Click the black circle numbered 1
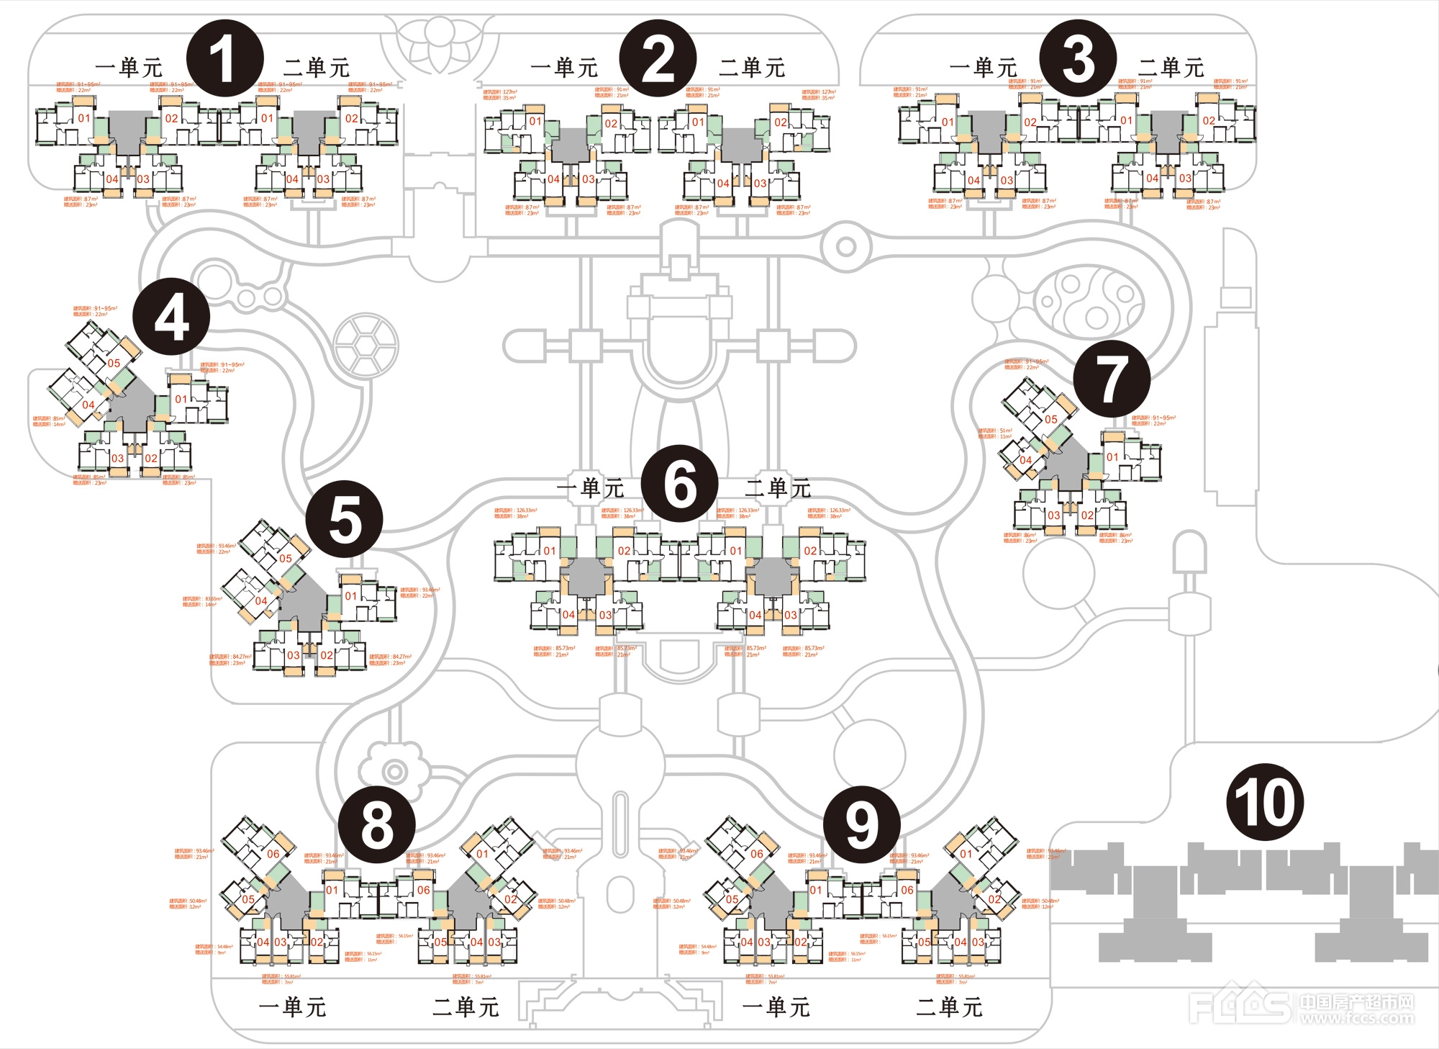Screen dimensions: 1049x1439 pyautogui.click(x=224, y=58)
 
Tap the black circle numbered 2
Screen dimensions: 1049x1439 pyautogui.click(x=658, y=58)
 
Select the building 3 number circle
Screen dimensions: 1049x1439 pyautogui.click(x=1078, y=58)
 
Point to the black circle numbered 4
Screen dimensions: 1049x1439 pyautogui.click(x=171, y=317)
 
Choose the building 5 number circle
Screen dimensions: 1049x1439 pyautogui.click(x=344, y=519)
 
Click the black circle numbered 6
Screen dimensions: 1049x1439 pyautogui.click(x=679, y=484)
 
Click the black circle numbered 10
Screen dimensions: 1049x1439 pyautogui.click(x=1264, y=802)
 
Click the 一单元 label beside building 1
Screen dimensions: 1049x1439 pyautogui.click(x=129, y=68)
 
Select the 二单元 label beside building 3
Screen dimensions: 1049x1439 pyautogui.click(x=1171, y=68)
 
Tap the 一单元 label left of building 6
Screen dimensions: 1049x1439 pyautogui.click(x=590, y=488)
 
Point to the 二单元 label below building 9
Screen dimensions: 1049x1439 pyautogui.click(x=949, y=1007)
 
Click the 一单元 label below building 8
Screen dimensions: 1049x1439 pyautogui.click(x=292, y=1007)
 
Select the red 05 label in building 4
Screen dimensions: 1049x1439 pyautogui.click(x=114, y=363)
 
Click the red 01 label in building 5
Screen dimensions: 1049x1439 pyautogui.click(x=351, y=595)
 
